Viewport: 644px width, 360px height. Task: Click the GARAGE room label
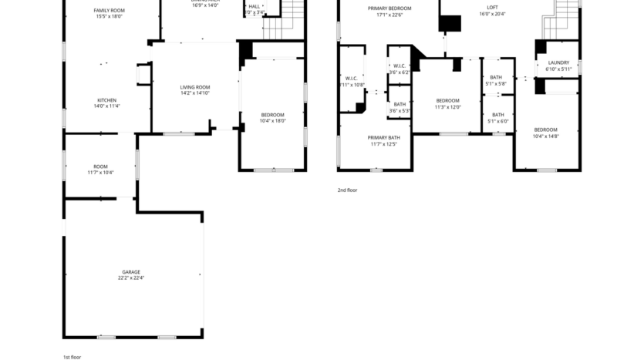tap(131, 271)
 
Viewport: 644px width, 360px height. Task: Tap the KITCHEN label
tap(106, 100)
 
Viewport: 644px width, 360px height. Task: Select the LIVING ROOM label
tap(195, 88)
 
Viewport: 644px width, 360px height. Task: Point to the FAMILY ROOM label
tap(110, 10)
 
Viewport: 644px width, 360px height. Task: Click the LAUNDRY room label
tap(558, 63)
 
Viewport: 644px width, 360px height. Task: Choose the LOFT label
tap(492, 8)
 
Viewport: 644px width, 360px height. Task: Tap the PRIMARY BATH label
tap(383, 138)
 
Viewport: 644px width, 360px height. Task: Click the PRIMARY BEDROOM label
tap(389, 8)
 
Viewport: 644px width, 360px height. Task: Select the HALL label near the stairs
tap(254, 6)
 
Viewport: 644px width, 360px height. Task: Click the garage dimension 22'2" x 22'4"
tap(131, 278)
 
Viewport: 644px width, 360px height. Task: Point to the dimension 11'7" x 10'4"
tap(100, 173)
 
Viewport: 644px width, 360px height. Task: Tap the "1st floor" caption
tap(72, 357)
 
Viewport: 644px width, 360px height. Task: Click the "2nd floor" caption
tap(347, 190)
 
